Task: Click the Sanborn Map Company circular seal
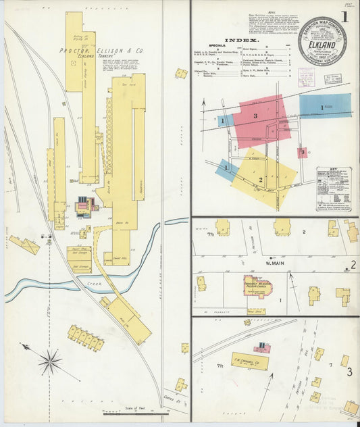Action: pos(322,41)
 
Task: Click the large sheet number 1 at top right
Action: pos(344,18)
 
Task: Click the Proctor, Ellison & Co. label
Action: pos(91,50)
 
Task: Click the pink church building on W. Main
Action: pos(257,286)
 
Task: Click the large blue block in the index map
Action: pos(325,105)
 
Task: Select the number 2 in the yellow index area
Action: pos(260,180)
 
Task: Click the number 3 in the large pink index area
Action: pos(255,116)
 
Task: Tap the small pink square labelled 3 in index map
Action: pos(301,153)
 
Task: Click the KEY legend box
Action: pos(333,189)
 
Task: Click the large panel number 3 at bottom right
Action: pos(349,372)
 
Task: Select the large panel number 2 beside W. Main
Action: pos(352,265)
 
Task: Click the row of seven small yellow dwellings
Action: pos(86,338)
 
